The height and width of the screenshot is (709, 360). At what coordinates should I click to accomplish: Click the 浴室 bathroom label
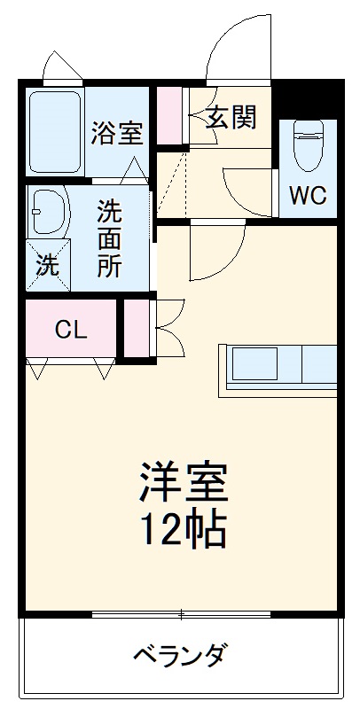(x=116, y=134)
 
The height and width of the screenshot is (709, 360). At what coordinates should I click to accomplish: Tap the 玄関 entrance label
(x=232, y=119)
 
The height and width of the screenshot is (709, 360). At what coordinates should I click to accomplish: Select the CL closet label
(x=71, y=330)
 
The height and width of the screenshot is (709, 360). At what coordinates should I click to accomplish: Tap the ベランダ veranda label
(x=182, y=657)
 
